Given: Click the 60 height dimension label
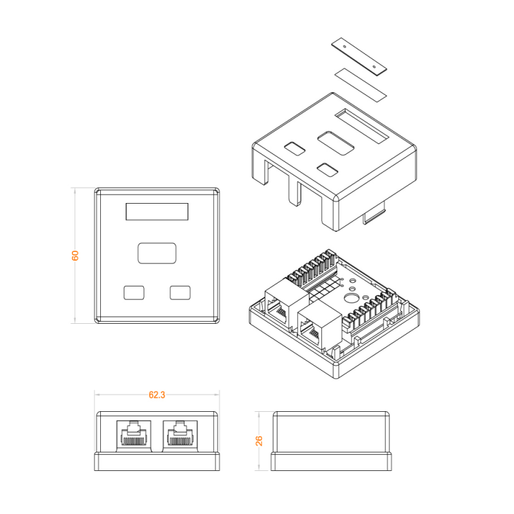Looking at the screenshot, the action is tap(75, 255).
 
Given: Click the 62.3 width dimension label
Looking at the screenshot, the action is tap(157, 395).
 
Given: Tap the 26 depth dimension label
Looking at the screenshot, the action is tap(259, 441).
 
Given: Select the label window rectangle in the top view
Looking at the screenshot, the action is tap(157, 211).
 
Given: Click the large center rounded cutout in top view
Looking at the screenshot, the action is tap(157, 253).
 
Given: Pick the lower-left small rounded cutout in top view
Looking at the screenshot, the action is tap(134, 293).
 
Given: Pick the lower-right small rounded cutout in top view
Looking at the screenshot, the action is tap(180, 293).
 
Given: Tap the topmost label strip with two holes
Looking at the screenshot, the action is tap(359, 56).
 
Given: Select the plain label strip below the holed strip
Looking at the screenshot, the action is tap(360, 85).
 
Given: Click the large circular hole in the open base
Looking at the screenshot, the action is tap(350, 299).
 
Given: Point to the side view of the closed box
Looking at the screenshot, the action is tap(331, 441).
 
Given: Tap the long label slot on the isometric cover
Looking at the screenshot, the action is tap(362, 126).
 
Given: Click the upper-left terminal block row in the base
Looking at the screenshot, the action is tap(313, 269).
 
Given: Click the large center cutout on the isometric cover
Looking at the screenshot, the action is tap(335, 143).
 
